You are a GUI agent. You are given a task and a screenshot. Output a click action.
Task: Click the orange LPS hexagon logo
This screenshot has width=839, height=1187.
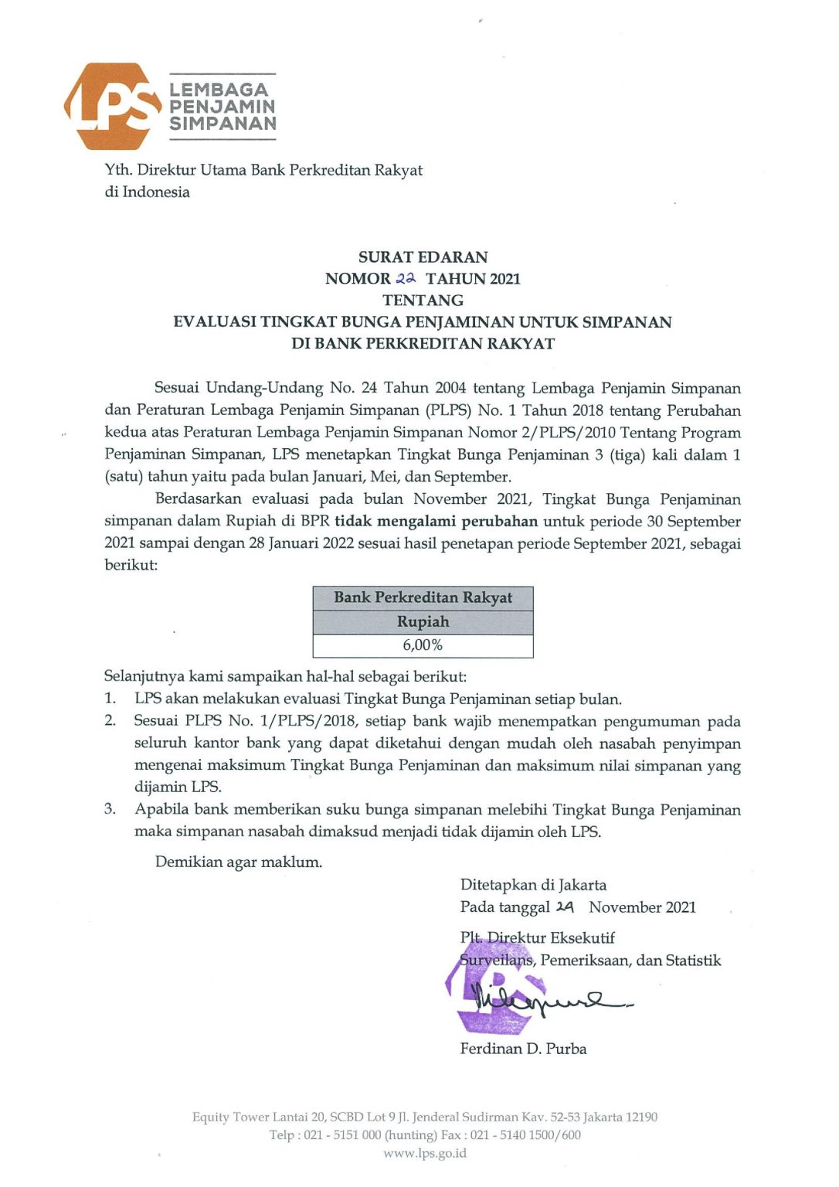click(x=107, y=106)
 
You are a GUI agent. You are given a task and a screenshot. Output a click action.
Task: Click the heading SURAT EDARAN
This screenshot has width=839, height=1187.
click(x=423, y=257)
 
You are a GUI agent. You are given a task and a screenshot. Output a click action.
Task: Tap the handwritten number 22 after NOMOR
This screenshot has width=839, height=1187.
click(x=406, y=278)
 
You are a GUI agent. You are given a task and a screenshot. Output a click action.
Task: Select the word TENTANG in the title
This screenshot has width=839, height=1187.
click(x=423, y=300)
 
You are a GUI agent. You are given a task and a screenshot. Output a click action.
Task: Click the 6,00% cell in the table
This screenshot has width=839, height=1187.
click(x=423, y=645)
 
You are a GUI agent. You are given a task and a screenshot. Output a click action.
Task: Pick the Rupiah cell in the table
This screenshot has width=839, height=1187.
click(x=423, y=621)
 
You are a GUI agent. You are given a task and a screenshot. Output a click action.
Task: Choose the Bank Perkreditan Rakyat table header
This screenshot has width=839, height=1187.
click(x=423, y=597)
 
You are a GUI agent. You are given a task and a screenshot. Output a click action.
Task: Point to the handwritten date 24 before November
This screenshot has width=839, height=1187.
click(x=565, y=906)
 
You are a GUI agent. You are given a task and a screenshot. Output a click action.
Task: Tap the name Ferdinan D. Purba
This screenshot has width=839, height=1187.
click(x=523, y=1049)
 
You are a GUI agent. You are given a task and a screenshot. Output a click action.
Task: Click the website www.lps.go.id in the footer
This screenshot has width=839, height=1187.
click(x=425, y=1153)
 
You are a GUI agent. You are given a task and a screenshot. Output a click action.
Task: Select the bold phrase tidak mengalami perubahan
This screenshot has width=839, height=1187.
click(x=436, y=521)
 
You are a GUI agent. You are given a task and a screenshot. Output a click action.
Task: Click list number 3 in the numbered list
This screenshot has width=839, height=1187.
click(x=110, y=809)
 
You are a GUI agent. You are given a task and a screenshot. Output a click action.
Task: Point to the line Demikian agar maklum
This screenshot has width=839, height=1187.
click(x=239, y=862)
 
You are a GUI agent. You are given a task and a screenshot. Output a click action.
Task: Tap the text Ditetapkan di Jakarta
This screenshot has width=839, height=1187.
click(x=533, y=885)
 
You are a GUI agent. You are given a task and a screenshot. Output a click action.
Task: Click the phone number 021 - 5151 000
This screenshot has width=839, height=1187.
click(x=342, y=1134)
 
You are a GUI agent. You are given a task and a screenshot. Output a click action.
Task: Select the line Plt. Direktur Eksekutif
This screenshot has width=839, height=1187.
click(x=538, y=937)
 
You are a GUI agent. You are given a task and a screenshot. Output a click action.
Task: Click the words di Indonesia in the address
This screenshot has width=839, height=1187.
click(x=148, y=192)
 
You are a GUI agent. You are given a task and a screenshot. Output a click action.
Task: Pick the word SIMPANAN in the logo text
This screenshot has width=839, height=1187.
click(x=222, y=124)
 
